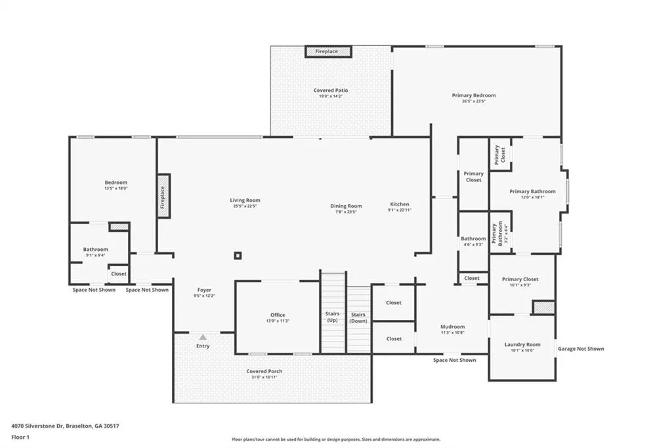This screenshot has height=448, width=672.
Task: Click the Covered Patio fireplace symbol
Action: pyautogui.click(x=328, y=51)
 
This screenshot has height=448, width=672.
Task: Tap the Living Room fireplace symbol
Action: pyautogui.click(x=163, y=196)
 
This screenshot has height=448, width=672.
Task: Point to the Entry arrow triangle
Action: pyautogui.click(x=203, y=337)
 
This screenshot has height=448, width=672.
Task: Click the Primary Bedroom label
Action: pyautogui.click(x=474, y=95)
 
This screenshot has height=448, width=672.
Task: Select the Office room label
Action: pyautogui.click(x=278, y=315)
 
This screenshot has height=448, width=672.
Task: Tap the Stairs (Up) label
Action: pyautogui.click(x=332, y=317)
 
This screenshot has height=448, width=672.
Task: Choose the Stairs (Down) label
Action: pyautogui.click(x=358, y=317)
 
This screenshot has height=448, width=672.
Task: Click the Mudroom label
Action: pyautogui.click(x=453, y=326)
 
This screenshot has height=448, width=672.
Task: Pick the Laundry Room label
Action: pyautogui.click(x=522, y=344)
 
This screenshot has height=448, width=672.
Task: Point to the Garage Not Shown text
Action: pyautogui.click(x=581, y=349)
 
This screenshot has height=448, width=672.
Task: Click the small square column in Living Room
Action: pyautogui.click(x=238, y=256)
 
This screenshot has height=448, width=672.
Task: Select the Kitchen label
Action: pyautogui.click(x=400, y=204)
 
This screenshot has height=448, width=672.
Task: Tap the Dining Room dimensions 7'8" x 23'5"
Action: pyautogui.click(x=346, y=212)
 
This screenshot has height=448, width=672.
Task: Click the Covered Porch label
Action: pyautogui.click(x=264, y=371)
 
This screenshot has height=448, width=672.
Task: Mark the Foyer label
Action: pyautogui.click(x=204, y=290)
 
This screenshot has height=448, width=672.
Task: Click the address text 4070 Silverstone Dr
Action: pyautogui.click(x=37, y=426)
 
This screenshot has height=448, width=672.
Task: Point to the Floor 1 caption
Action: pyautogui.click(x=20, y=437)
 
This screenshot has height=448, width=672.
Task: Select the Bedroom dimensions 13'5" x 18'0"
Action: pyautogui.click(x=116, y=189)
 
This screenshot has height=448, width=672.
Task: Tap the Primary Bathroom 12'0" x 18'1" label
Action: pyautogui.click(x=532, y=194)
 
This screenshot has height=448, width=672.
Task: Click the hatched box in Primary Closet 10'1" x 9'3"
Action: pyautogui.click(x=544, y=307)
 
